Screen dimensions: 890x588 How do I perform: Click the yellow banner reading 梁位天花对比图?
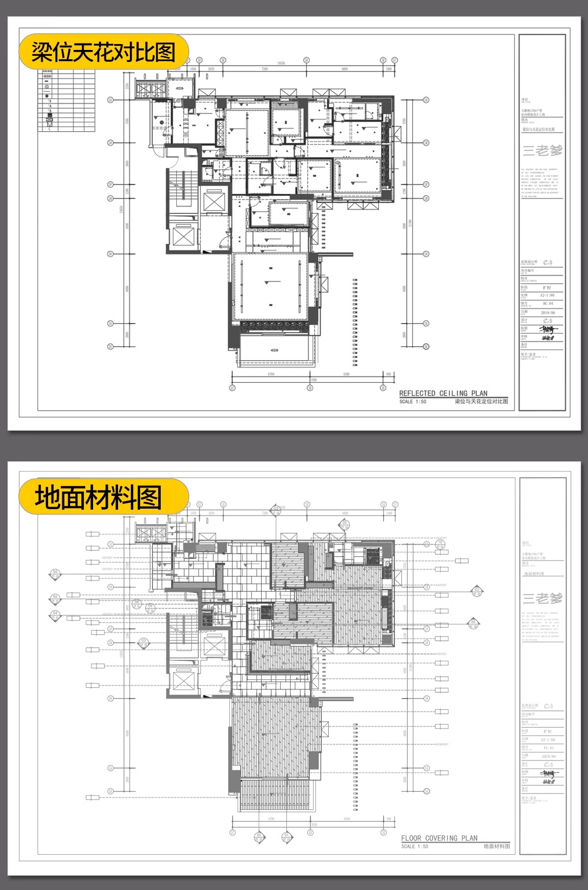point(103,52)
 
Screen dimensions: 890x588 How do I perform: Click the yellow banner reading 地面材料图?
point(98,497)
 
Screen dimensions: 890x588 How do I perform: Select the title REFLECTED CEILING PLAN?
point(443,393)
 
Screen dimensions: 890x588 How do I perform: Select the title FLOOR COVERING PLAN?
point(439,838)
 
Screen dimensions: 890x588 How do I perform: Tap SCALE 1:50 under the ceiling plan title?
point(413,401)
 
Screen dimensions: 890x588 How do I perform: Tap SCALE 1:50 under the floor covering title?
point(415,846)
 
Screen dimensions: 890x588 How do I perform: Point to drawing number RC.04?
point(548,304)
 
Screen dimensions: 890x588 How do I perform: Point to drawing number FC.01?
point(549,748)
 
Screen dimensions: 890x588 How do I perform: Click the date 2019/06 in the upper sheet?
point(548,312)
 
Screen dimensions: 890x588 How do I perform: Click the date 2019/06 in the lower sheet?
point(549,756)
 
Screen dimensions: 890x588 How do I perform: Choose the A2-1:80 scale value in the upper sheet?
point(547,295)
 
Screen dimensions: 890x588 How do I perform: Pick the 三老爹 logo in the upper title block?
point(542,150)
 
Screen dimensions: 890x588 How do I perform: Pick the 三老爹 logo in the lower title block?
point(542,598)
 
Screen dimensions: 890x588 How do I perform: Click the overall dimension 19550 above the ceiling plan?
point(281,63)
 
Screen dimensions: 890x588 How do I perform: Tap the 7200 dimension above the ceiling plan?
point(265,70)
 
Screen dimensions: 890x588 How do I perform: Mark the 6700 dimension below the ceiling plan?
point(271,374)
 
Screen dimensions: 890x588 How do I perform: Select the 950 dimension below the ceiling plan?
point(389,374)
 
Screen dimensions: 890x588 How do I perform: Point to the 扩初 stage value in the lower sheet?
point(547,731)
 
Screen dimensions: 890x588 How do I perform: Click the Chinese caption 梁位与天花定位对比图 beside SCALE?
point(481,401)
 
